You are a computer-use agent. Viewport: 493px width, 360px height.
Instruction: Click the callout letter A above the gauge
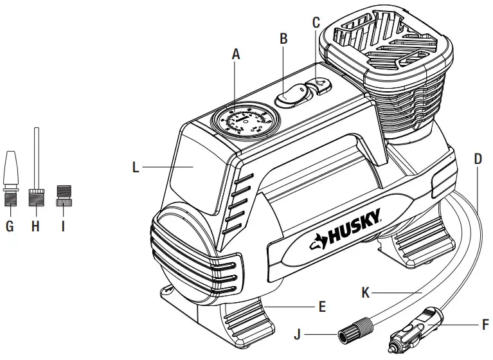click(235, 55)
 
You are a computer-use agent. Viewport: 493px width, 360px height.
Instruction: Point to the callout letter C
click(316, 21)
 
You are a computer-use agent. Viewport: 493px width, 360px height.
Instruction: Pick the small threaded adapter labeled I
click(62, 195)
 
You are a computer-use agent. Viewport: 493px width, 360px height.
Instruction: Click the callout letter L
click(136, 168)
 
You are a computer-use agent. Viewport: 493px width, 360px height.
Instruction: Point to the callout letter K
click(365, 292)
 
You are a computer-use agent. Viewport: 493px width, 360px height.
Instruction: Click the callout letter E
click(322, 306)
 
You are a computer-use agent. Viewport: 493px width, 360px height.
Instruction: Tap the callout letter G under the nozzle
click(10, 226)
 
